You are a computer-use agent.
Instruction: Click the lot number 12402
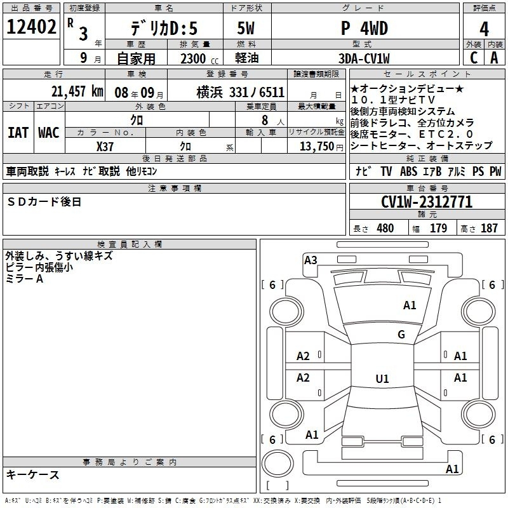click(x=31, y=27)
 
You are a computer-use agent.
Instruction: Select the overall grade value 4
click(x=484, y=29)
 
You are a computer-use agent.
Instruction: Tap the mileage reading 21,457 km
click(x=77, y=91)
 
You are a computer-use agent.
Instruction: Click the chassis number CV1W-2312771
click(x=427, y=202)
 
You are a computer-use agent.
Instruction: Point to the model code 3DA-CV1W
click(x=364, y=58)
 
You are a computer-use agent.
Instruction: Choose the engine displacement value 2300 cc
click(x=199, y=59)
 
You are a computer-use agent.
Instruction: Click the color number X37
click(x=105, y=147)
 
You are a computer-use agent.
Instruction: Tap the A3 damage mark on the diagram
click(x=311, y=260)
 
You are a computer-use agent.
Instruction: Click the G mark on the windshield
click(x=401, y=334)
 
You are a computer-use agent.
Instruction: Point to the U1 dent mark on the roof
click(x=382, y=378)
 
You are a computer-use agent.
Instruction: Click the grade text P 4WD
click(x=364, y=29)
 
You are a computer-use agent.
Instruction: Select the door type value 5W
click(x=246, y=28)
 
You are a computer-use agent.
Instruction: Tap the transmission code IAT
click(x=18, y=133)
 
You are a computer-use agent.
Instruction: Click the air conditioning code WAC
click(x=49, y=133)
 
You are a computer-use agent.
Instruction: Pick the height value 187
click(x=489, y=228)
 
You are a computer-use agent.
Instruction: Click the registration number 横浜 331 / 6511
click(x=241, y=92)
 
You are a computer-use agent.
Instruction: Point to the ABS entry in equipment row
click(x=408, y=171)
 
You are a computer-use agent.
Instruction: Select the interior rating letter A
click(x=494, y=58)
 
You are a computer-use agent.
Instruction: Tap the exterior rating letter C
click(x=474, y=58)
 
